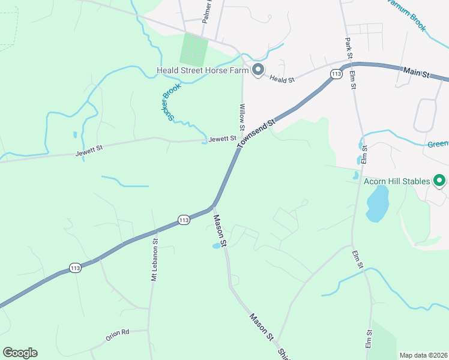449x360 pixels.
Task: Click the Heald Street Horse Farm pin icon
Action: coord(259,70)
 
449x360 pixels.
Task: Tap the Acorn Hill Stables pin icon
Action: coord(439,180)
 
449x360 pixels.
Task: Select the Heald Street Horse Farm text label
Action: coord(202,70)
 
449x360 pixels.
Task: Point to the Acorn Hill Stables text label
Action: coord(397,181)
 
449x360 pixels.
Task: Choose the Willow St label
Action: coord(243,117)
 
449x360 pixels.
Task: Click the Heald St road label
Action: coord(282,79)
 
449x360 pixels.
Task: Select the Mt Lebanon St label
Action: coord(154,260)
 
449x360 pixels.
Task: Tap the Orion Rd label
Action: coord(118,335)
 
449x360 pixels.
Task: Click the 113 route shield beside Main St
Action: coord(336,73)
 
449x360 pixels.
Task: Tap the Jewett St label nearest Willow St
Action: coord(223,139)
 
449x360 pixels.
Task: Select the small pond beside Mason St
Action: coord(216,246)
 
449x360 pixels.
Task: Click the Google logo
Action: coord(20,353)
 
